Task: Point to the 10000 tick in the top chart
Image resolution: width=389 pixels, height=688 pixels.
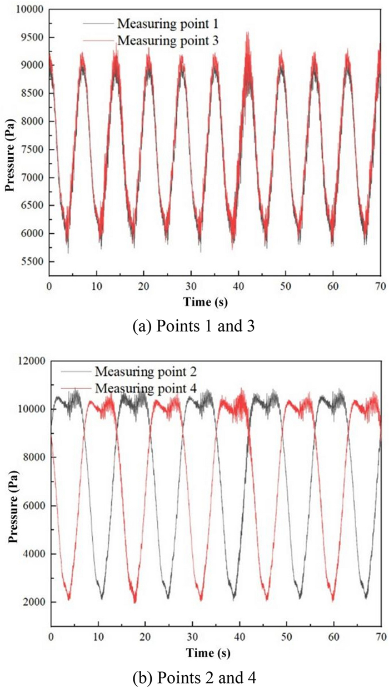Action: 26,9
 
